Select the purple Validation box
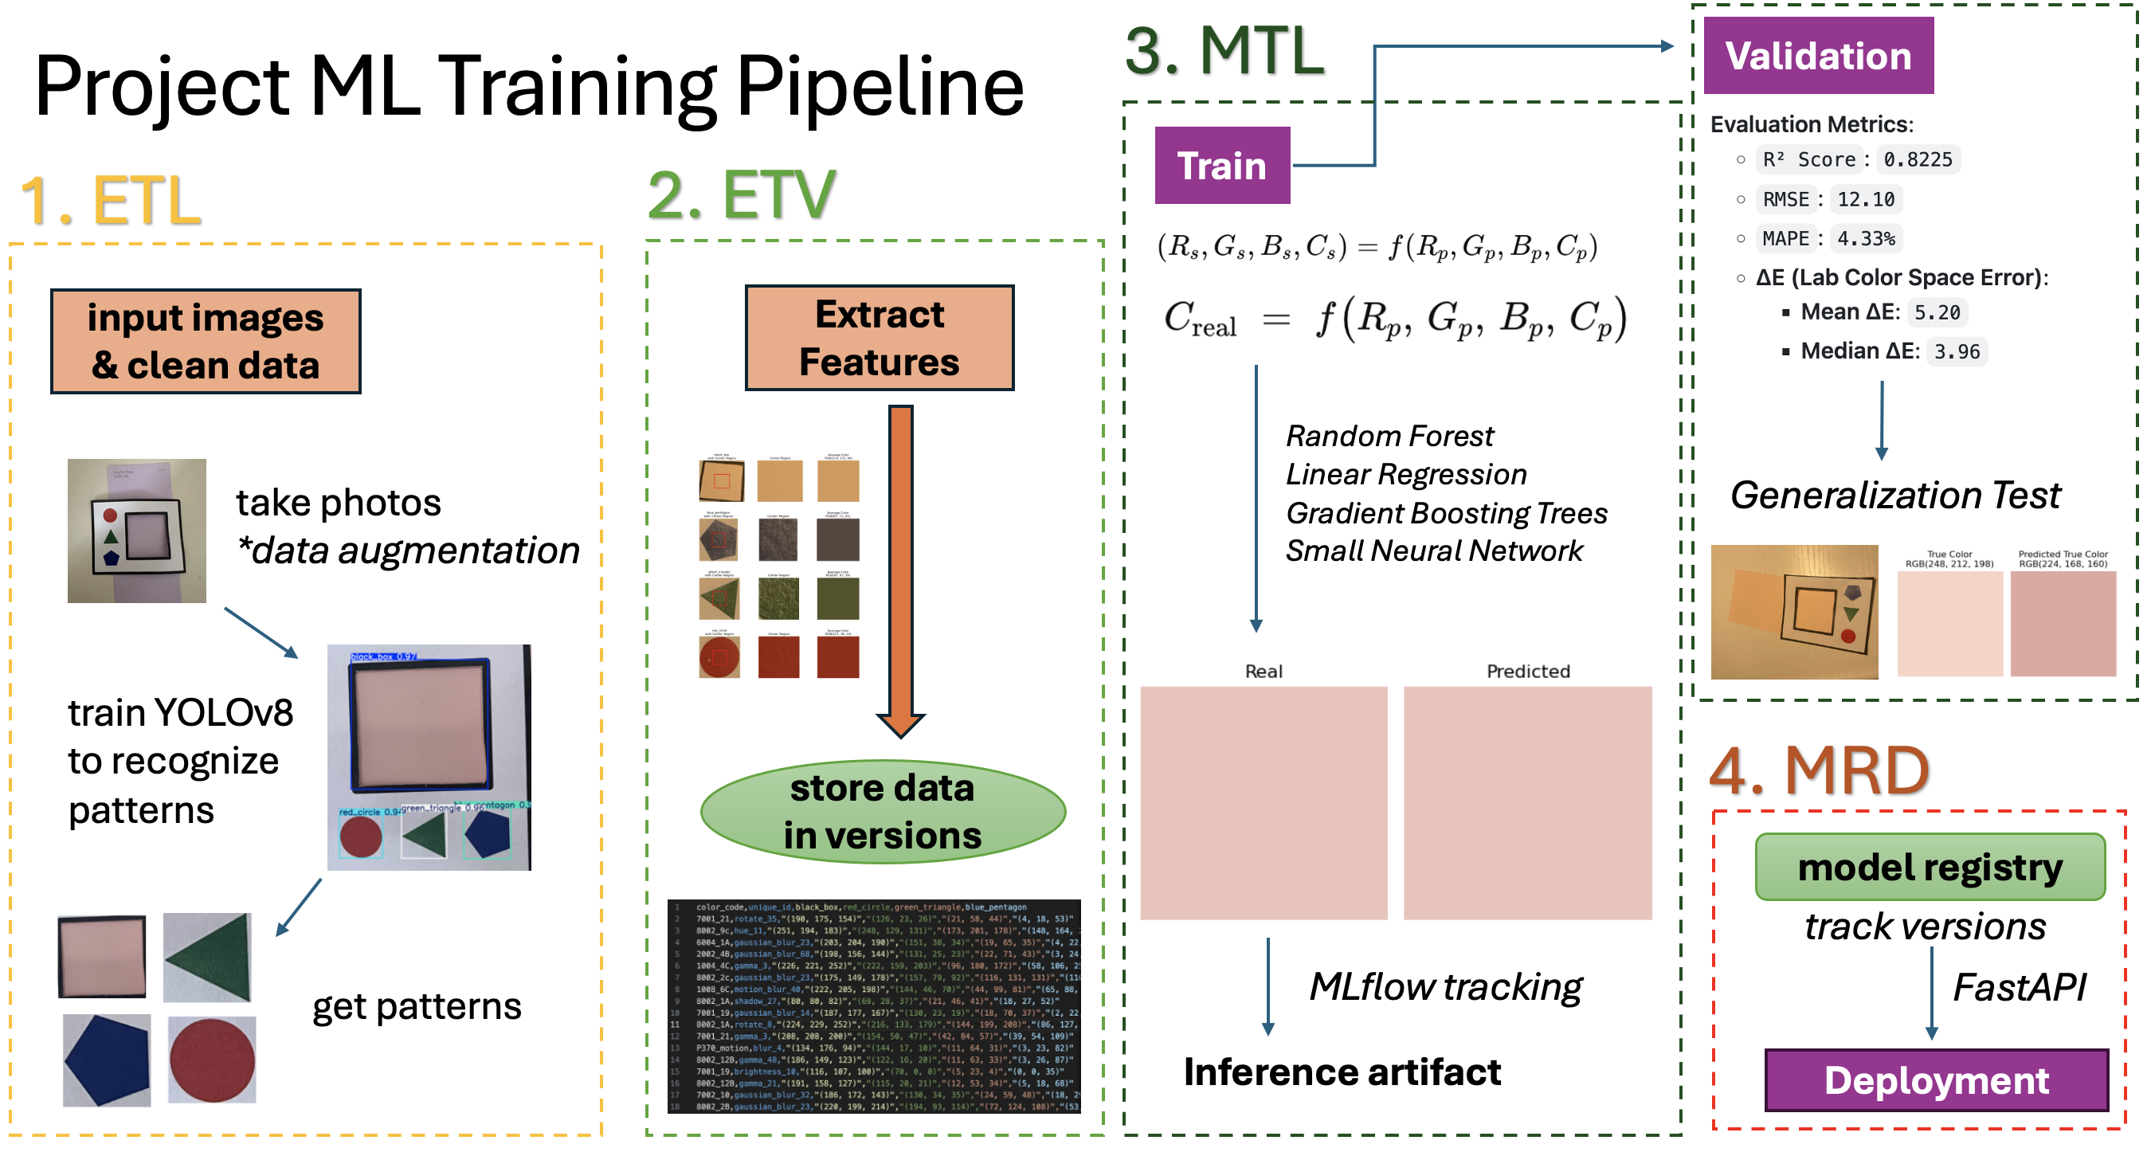(x=1818, y=56)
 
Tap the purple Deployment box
(x=1936, y=1080)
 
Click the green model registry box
(x=1929, y=868)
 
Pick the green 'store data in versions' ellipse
(x=883, y=811)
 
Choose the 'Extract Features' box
(x=880, y=338)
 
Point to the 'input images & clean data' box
(x=206, y=342)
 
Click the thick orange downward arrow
(x=900, y=568)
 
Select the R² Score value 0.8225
(x=1918, y=159)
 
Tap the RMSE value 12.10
(x=1866, y=199)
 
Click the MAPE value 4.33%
(x=1866, y=239)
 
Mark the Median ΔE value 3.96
(x=1957, y=351)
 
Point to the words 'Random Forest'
(x=1389, y=436)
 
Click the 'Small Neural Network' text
(x=1433, y=551)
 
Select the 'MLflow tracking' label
(x=1444, y=987)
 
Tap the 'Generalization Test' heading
(x=1894, y=495)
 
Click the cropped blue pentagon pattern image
(x=107, y=1060)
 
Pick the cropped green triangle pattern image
(x=207, y=957)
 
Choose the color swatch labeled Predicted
(x=1527, y=802)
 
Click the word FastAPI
(x=2018, y=988)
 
